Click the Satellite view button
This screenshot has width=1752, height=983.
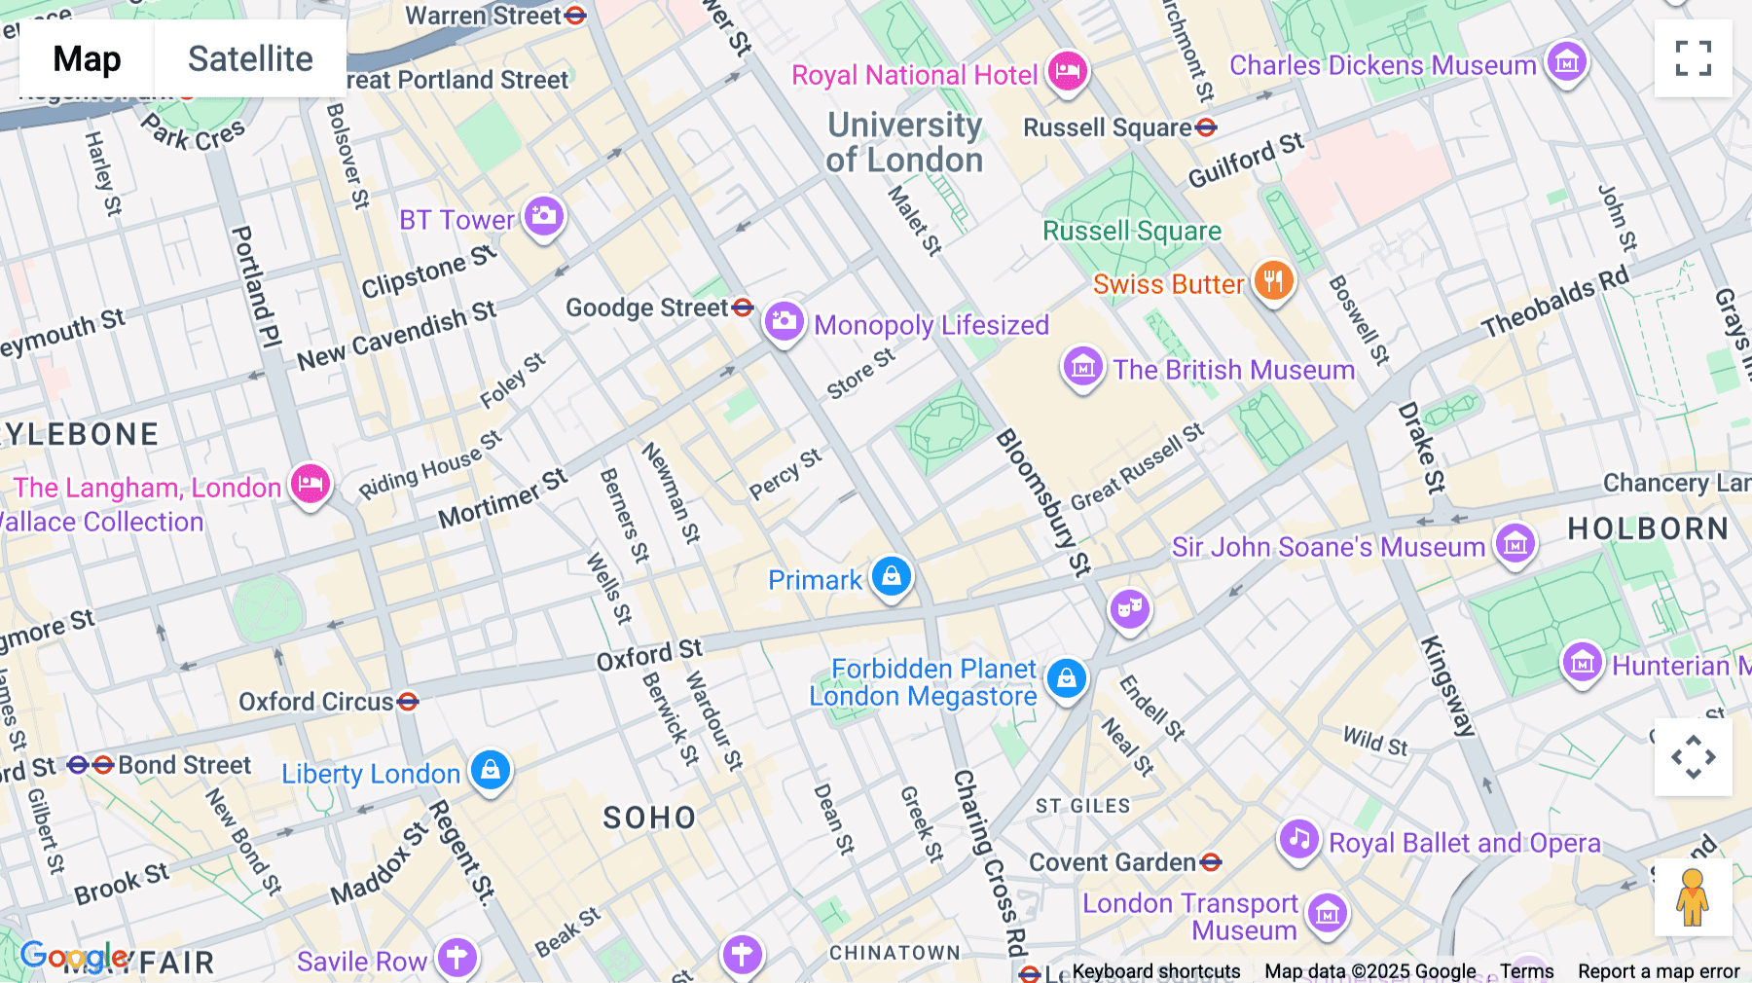[250, 59]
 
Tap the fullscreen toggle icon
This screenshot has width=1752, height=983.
[1693, 58]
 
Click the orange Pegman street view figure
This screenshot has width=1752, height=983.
[1693, 897]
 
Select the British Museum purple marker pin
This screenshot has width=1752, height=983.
[1082, 368]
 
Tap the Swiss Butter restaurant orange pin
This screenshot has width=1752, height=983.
[1272, 282]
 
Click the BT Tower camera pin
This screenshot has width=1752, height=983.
[543, 216]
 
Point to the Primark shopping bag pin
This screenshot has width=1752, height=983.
[891, 576]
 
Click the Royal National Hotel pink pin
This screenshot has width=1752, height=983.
[1068, 72]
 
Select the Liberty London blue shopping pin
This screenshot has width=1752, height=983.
[491, 770]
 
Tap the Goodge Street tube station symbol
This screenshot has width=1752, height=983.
[743, 308]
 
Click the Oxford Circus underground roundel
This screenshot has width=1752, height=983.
[408, 701]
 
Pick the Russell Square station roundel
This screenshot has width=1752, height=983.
[1206, 127]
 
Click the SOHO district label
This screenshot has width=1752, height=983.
[649, 818]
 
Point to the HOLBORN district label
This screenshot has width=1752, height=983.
[1648, 528]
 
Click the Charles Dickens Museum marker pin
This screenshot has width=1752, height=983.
[1566, 63]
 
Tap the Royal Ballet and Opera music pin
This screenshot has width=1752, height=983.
[1298, 839]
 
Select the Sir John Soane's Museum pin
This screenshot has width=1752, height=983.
[1515, 544]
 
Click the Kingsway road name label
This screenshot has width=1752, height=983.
[1447, 685]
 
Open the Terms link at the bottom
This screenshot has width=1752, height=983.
[1526, 970]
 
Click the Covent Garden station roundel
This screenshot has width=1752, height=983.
[1210, 862]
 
